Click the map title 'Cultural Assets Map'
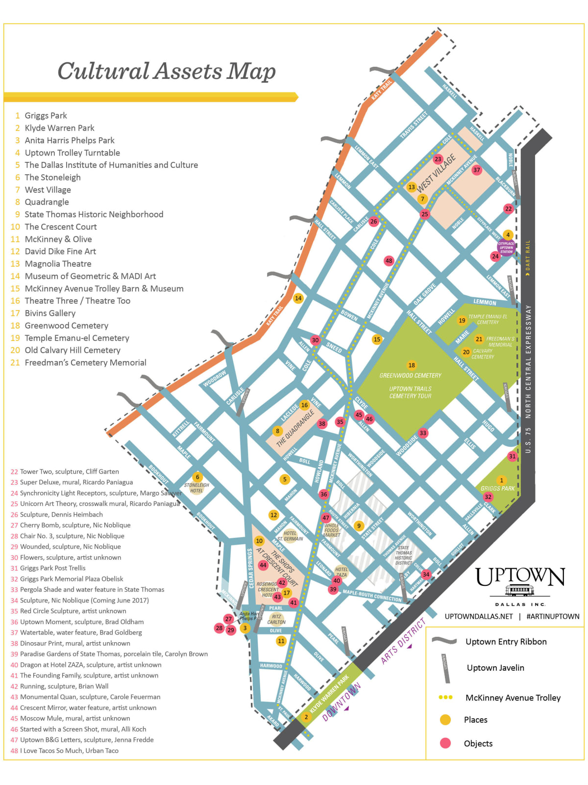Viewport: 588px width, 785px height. [167, 71]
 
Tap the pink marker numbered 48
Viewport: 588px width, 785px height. [389, 261]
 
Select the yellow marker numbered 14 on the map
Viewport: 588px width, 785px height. [298, 298]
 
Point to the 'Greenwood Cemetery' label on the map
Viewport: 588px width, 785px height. [410, 375]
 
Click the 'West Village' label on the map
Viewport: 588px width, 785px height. [436, 173]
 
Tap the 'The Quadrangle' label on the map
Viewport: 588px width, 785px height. [295, 428]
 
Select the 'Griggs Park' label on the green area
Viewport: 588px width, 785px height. [497, 488]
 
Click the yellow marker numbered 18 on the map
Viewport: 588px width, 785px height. [412, 365]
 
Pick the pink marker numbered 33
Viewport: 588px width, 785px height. [423, 433]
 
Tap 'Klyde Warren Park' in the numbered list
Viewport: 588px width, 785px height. [59, 128]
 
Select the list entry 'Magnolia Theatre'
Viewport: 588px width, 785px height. [58, 263]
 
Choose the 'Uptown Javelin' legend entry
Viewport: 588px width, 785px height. [495, 668]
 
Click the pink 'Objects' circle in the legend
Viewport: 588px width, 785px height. [445, 743]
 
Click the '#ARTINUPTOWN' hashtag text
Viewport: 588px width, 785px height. [553, 616]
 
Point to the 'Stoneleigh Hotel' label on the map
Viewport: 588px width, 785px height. [196, 488]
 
